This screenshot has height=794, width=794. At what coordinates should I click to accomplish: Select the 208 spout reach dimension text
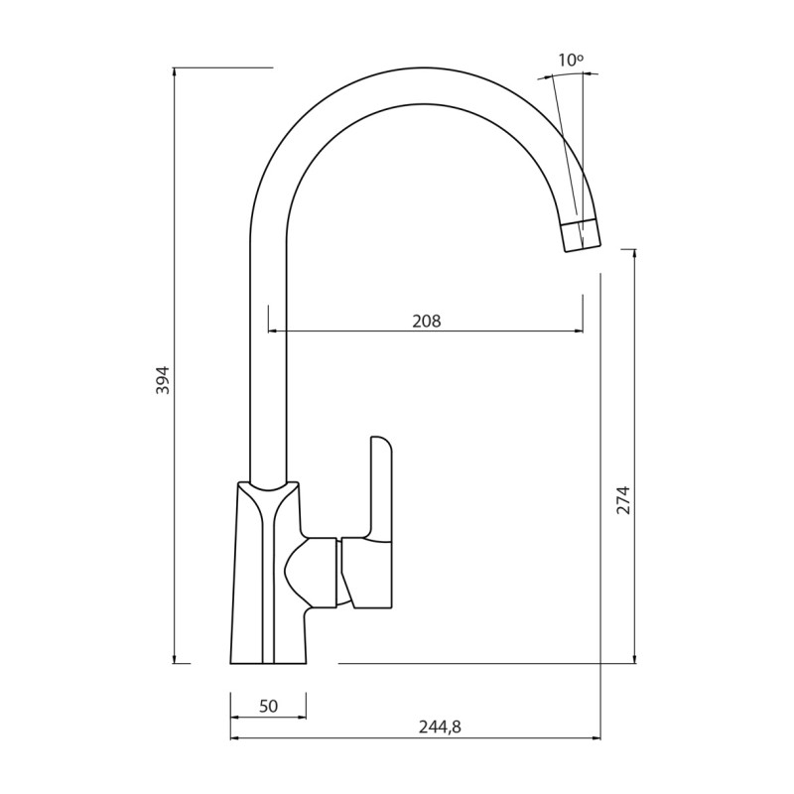tap(426, 321)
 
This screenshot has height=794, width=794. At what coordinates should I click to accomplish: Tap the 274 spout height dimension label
tap(623, 499)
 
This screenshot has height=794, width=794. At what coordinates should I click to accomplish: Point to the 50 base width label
tap(268, 707)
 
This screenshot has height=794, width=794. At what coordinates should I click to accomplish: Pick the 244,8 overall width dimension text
tap(440, 727)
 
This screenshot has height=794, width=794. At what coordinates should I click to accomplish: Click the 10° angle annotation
tap(570, 61)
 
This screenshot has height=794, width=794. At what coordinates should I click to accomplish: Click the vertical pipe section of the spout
tap(268, 377)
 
